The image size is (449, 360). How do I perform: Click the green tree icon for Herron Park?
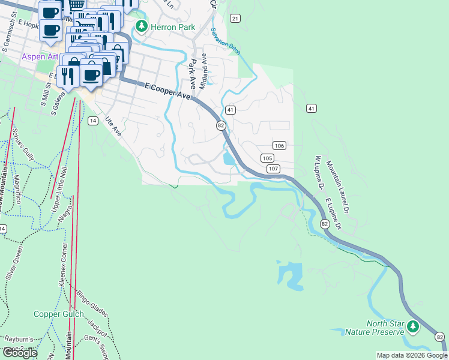pos(141,26)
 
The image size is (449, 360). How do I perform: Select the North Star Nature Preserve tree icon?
pos(412,327)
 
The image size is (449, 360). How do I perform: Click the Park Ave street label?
pos(192,71)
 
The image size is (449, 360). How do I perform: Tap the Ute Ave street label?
pos(113,127)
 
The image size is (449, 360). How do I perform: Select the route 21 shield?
pos(235,19)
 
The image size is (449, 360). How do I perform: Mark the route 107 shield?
pos(273,169)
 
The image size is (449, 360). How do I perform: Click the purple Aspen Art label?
pos(40,57)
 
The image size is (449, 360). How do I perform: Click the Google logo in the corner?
pos(20,353)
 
